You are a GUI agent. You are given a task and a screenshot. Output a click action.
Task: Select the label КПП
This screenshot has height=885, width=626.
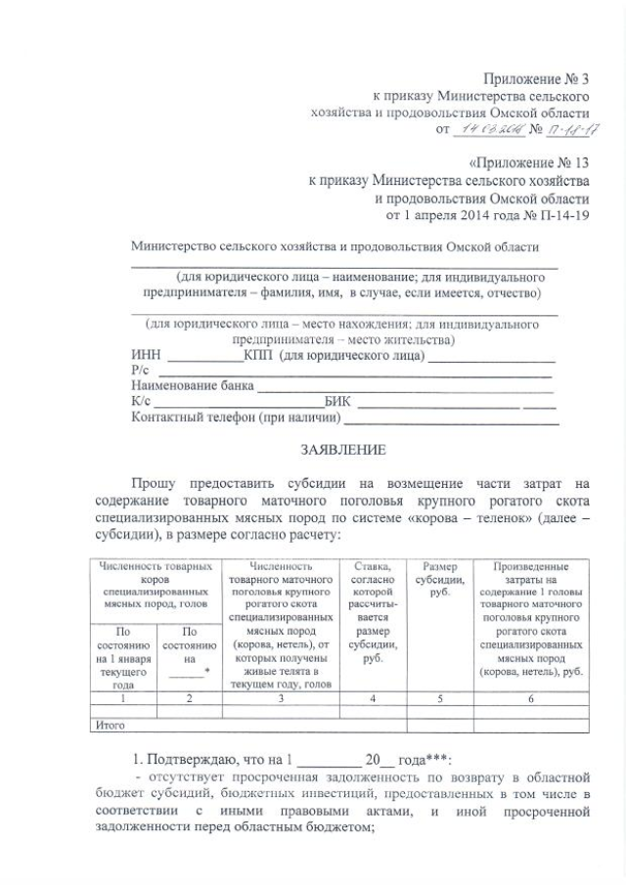click(260, 354)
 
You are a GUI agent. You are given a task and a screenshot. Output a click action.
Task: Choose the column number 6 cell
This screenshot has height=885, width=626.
click(530, 699)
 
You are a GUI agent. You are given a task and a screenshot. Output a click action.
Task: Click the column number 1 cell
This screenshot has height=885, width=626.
click(123, 699)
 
